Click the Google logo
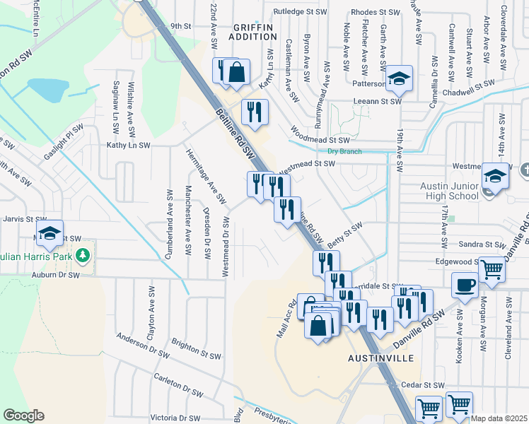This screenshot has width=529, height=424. point(23,416)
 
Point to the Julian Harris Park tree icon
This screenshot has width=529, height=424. point(83,254)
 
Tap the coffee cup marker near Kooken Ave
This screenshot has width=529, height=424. point(464,285)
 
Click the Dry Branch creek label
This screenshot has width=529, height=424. point(344,151)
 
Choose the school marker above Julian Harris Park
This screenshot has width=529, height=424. point(50,234)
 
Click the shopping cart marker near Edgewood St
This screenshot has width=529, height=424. point(492,269)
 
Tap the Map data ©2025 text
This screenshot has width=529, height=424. point(498,418)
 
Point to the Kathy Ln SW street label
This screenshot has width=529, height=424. point(128,145)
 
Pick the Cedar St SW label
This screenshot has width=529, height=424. point(422,385)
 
